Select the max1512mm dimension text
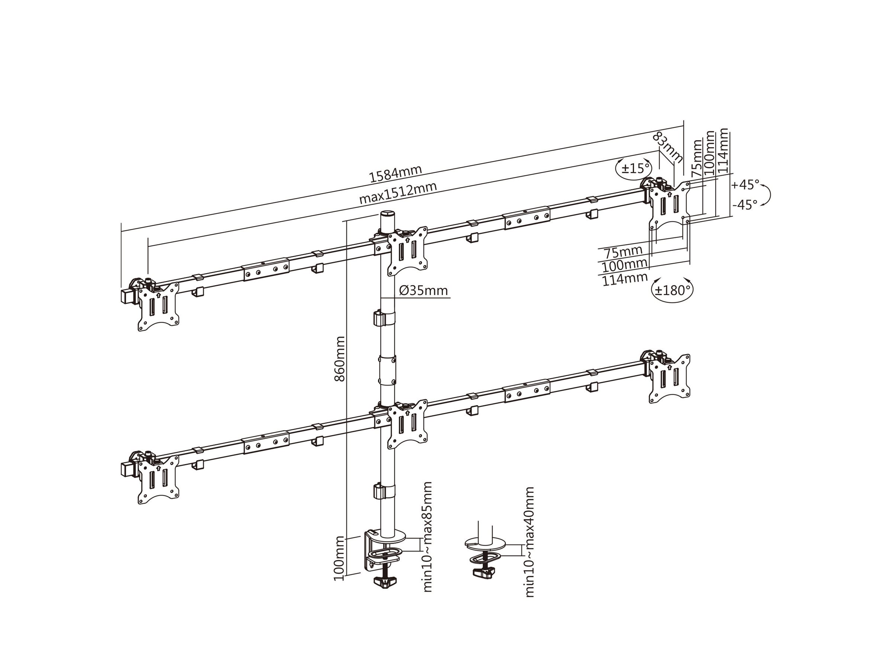pyautogui.click(x=398, y=193)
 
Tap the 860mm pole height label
pyautogui.click(x=340, y=359)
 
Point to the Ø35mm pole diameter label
pyautogui.click(x=423, y=290)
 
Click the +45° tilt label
pyautogui.click(x=745, y=185)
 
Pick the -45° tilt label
pyautogui.click(x=745, y=205)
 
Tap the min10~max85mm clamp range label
pyautogui.click(x=427, y=536)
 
